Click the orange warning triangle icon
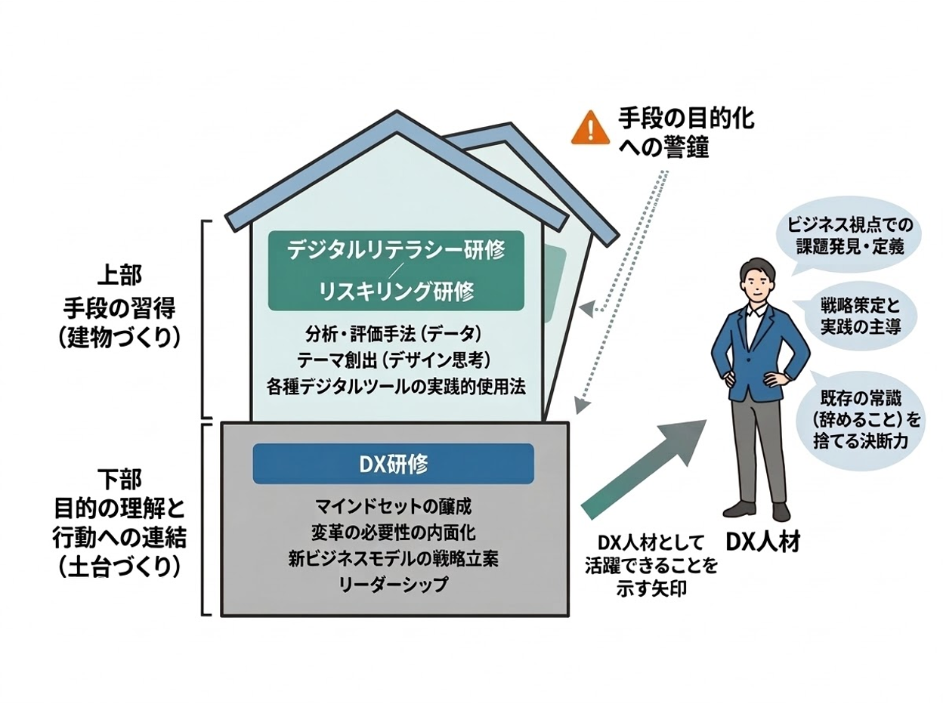[x=590, y=128]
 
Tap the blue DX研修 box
[x=393, y=464]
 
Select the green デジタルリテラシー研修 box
[x=396, y=270]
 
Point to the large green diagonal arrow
[x=643, y=471]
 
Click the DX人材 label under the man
[x=762, y=542]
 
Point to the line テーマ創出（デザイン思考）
[x=396, y=360]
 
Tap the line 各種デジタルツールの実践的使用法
[x=396, y=386]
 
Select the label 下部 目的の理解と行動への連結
[x=119, y=521]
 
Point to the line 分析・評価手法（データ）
[x=396, y=333]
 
